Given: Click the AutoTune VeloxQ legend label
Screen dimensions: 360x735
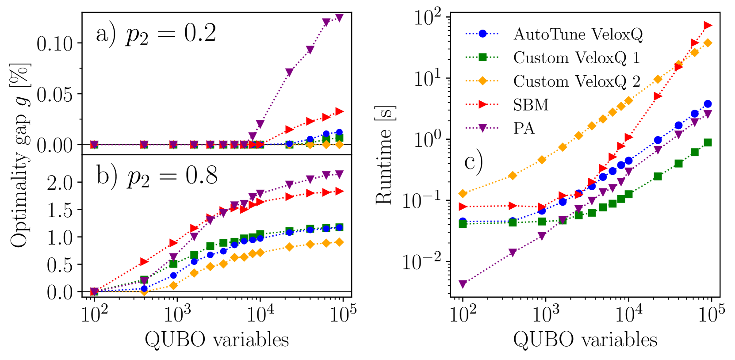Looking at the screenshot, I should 578,34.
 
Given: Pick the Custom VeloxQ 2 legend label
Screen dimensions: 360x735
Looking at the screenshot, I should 576,81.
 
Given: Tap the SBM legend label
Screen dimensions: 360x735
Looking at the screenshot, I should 531,105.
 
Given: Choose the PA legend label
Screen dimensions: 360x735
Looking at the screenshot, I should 524,128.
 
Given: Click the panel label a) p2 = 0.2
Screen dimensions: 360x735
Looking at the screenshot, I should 156,34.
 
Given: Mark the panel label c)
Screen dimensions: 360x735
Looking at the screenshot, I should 473,162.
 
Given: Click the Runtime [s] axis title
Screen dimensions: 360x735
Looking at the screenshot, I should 384,155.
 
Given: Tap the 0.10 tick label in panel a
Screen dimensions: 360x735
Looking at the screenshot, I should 54,44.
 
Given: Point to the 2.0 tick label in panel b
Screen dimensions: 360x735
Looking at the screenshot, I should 60,182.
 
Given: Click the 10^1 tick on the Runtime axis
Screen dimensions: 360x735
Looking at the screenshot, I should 428,79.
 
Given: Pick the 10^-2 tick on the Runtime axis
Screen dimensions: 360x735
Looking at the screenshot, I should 422,262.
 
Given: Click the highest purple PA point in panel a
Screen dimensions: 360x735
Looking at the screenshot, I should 339,18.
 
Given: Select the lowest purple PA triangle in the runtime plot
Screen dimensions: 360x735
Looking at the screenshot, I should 463,284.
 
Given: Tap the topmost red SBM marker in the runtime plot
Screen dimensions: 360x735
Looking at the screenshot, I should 708,25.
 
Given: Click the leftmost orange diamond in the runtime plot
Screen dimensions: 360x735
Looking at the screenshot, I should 463,193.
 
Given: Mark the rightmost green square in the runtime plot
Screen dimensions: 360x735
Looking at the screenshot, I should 708,142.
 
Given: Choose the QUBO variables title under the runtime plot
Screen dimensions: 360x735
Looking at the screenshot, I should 585,340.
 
